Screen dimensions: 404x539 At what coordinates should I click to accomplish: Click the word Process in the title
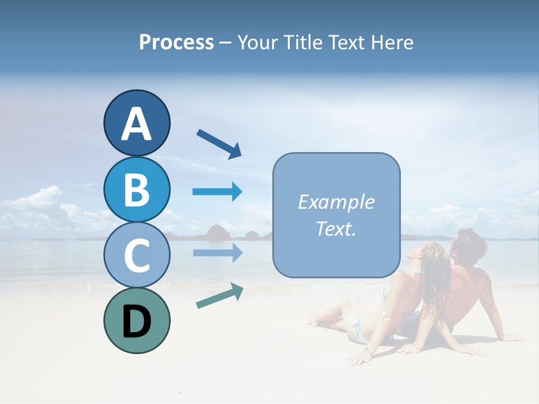coord(176,43)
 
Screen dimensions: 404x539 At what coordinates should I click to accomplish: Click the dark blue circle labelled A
coord(136,123)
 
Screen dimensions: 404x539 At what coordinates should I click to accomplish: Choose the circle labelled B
coord(136,189)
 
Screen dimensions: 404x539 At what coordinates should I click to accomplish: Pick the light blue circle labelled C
coord(136,255)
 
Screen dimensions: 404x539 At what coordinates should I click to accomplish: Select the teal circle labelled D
coord(136,320)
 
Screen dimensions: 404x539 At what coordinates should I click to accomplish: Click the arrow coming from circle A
coord(218,143)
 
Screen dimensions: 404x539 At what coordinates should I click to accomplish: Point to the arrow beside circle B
coord(217,192)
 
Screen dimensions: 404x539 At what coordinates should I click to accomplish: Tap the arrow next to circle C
coord(217,252)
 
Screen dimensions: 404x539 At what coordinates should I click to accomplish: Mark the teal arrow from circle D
coord(219,296)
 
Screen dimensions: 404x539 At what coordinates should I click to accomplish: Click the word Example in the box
coord(336,202)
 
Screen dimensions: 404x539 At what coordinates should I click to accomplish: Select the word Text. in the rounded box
coord(336,228)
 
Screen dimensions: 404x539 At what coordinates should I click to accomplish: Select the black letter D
coord(136,322)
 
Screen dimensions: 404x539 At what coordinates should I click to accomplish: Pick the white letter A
coord(136,124)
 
